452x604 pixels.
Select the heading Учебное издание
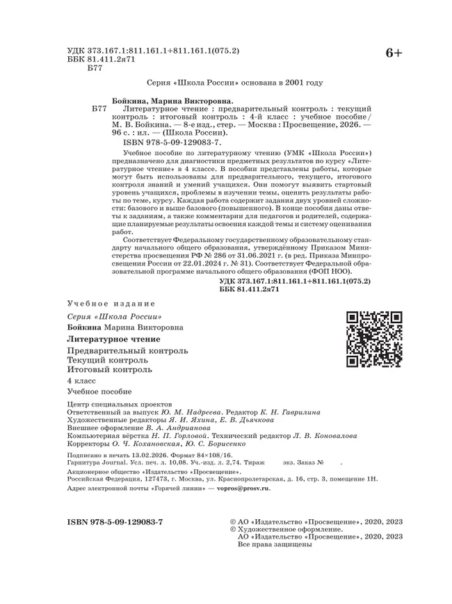coord(111,304)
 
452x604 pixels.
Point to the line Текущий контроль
coord(107,360)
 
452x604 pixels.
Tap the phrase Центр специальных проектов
coord(113,405)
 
